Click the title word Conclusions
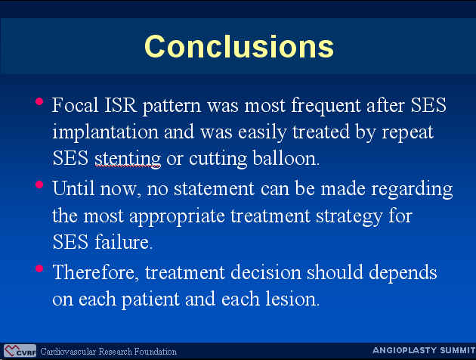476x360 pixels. point(240,46)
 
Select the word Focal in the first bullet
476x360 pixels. point(76,105)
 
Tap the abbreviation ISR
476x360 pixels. point(120,105)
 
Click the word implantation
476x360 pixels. point(105,132)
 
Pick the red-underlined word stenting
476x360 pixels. point(128,159)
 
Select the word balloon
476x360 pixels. point(286,158)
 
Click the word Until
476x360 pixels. point(73,188)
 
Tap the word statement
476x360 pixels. point(214,189)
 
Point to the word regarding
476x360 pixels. point(413,190)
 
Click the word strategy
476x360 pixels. point(349,217)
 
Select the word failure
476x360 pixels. point(124,242)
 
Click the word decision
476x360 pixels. point(266,272)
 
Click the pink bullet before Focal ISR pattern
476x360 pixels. point(39,101)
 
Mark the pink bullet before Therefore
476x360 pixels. point(39,268)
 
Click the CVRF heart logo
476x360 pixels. point(20,351)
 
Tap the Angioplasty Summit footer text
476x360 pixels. point(424,350)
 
